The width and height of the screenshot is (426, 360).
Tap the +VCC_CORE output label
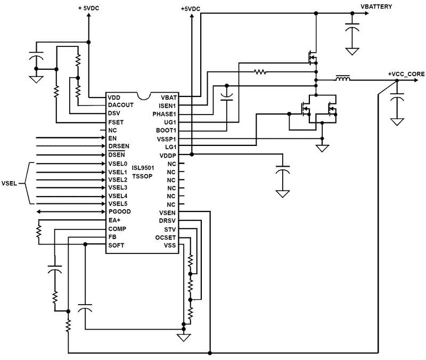point(406,73)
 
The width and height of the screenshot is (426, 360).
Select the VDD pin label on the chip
point(114,97)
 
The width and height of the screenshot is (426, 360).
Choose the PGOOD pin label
point(119,212)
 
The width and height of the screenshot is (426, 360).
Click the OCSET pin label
point(167,237)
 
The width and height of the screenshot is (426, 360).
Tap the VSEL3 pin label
point(118,187)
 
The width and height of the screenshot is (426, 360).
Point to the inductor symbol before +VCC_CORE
point(342,80)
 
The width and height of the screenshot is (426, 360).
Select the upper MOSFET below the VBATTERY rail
point(312,56)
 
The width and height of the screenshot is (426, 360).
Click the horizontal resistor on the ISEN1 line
point(260,71)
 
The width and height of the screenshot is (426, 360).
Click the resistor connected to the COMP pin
point(38,232)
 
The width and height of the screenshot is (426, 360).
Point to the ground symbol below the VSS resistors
point(184,337)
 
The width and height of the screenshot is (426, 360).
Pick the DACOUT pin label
point(120,105)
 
